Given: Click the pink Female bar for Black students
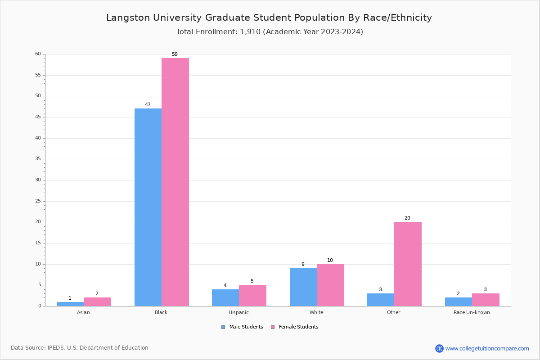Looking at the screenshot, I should tap(175, 182).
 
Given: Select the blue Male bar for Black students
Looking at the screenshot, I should tap(148, 207).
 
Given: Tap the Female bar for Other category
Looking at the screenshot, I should tap(408, 264).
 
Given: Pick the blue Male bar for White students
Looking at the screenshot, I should tap(303, 287).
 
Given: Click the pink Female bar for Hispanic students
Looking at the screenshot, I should tap(252, 295).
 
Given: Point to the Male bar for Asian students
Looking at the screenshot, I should tap(70, 304).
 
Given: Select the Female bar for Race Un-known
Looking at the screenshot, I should tap(486, 300).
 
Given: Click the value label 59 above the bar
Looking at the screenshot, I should tap(175, 54).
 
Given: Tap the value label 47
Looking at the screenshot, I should tap(148, 105).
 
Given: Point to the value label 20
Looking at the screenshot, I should tap(407, 218).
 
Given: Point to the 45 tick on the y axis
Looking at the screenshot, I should tap(38, 117).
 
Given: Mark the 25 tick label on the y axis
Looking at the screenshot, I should tap(38, 201).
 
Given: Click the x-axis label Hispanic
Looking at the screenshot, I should tap(238, 312).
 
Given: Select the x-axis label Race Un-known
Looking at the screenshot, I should tap(472, 312).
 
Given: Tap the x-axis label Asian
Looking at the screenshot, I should tap(83, 312).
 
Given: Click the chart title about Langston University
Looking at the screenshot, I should tap(269, 18).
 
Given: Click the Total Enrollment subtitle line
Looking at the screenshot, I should tap(270, 32).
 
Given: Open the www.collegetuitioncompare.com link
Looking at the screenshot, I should tap(487, 348).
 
